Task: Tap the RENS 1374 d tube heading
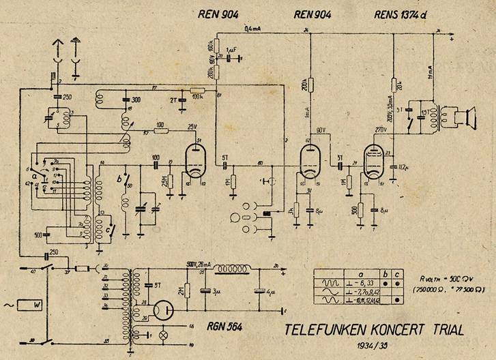405,16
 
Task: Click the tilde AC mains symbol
7,303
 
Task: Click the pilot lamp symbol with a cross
162,337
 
